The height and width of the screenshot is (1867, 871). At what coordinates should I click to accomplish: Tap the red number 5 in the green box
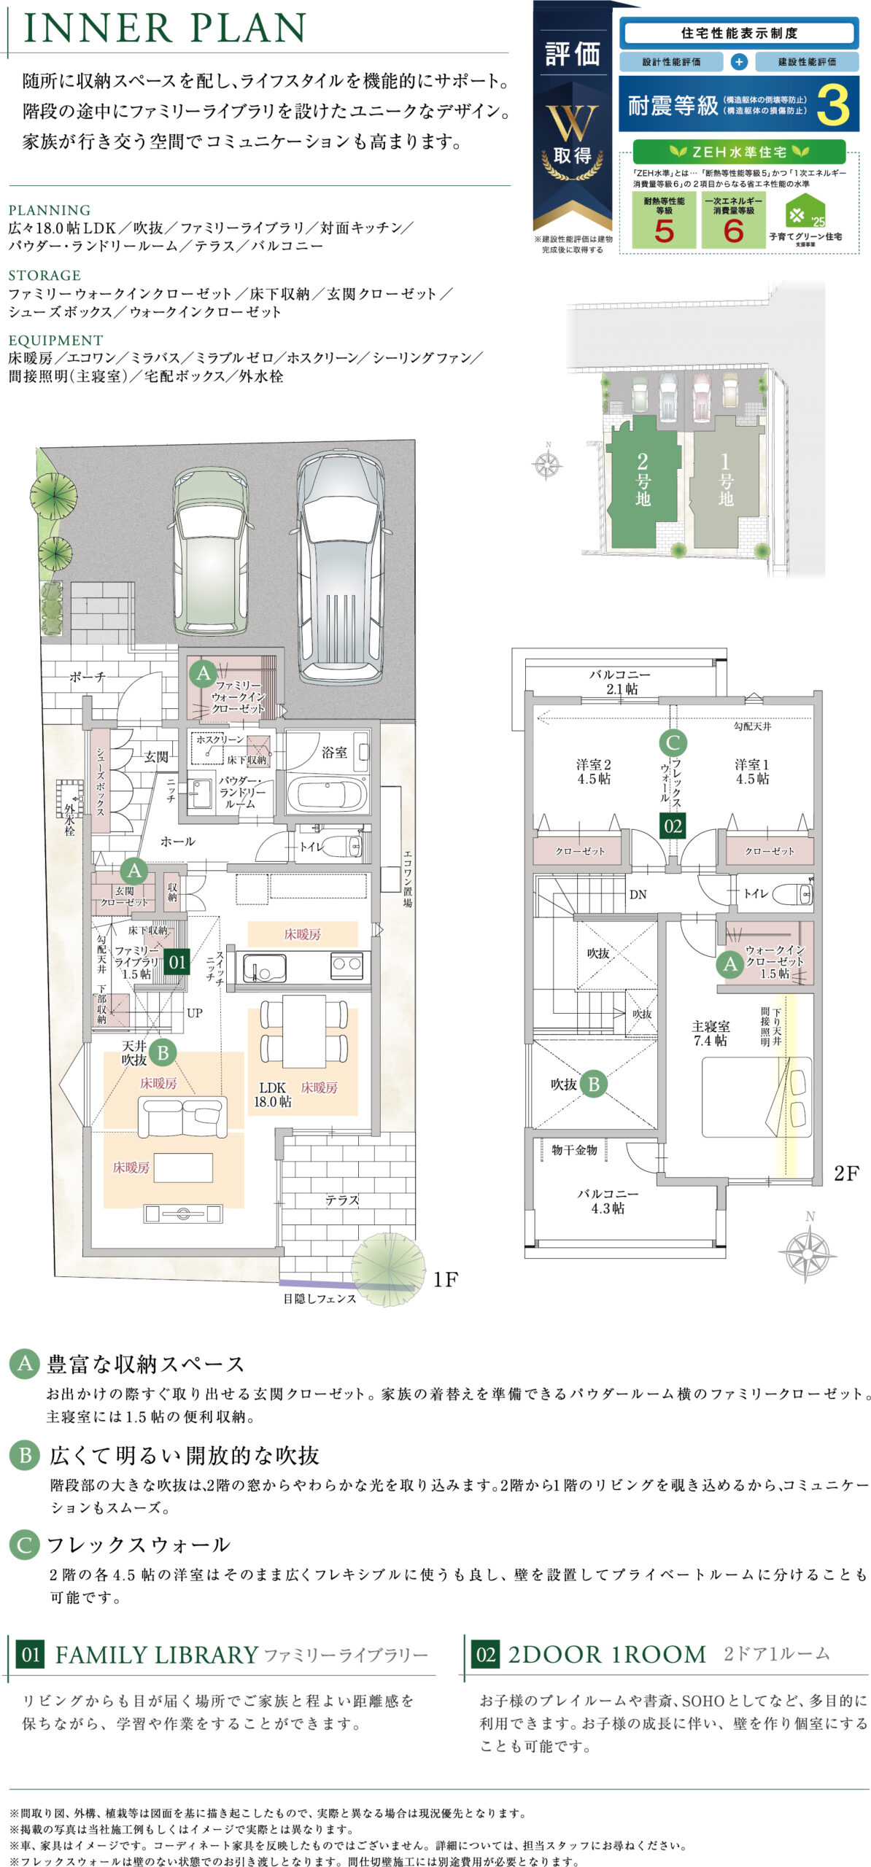point(664,231)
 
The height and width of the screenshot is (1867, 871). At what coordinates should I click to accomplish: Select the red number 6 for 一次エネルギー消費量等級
point(733,231)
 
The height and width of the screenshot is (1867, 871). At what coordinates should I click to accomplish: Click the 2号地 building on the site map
point(642,481)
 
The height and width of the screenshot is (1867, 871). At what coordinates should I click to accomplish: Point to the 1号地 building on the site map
point(725,481)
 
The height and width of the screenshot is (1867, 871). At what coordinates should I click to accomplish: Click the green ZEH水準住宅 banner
point(739,152)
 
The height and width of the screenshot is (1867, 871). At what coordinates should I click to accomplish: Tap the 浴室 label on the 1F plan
point(335,752)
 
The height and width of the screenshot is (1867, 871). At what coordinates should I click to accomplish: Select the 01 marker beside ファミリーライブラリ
point(177,962)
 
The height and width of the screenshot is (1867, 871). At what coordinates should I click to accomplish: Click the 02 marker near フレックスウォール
point(673,826)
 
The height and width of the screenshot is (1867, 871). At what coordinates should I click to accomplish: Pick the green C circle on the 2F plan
point(673,743)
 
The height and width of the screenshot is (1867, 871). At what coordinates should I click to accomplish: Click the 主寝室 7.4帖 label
point(710,1033)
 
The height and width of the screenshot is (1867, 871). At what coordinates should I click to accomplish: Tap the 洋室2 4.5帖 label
point(594,772)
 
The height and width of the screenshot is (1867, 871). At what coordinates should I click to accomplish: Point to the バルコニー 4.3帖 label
point(608,1201)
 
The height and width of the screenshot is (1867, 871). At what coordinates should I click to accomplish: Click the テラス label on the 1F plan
point(342,1200)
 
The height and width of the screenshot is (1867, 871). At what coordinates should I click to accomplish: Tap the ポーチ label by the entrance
point(88,677)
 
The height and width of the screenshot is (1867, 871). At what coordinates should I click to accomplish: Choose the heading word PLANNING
point(50,210)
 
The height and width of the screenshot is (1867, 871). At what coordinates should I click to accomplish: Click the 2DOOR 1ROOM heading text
point(608,1655)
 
